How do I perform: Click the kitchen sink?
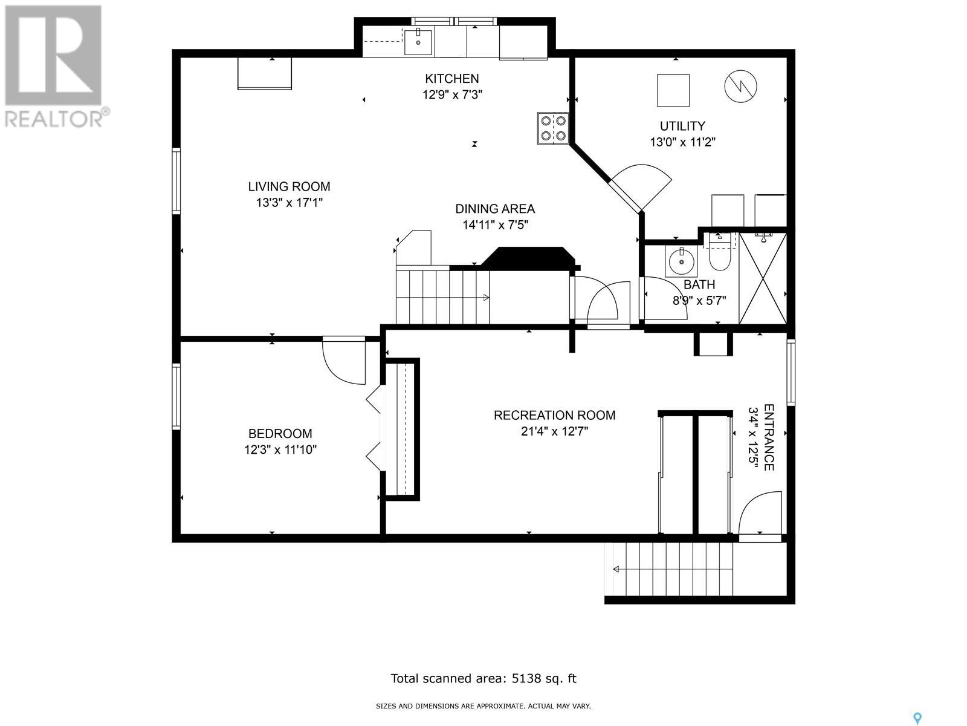[418, 41]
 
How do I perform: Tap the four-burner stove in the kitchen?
[553, 128]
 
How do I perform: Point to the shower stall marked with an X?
[763, 278]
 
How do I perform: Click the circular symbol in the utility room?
[741, 87]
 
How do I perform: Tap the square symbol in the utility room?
[673, 90]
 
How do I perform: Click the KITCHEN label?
[451, 79]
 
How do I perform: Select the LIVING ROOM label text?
[289, 186]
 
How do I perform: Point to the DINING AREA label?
[495, 209]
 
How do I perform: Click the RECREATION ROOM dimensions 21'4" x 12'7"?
[554, 431]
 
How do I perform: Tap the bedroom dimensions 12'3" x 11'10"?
[280, 450]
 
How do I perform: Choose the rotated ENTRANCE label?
[769, 437]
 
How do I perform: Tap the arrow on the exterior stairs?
[616, 569]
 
